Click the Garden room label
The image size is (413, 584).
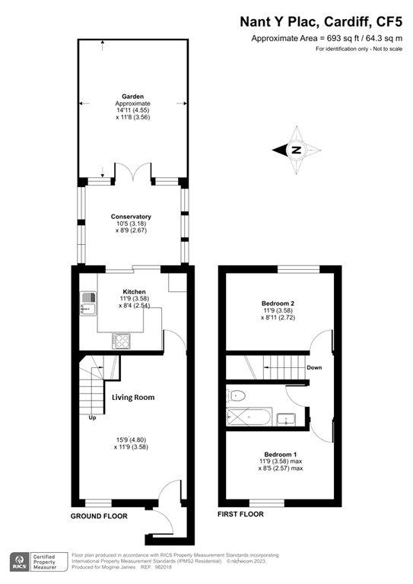pyautogui.click(x=132, y=97)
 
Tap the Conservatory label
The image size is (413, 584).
pyautogui.click(x=131, y=217)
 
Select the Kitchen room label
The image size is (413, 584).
pyautogui.click(x=134, y=292)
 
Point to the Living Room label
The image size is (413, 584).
pyautogui.click(x=133, y=398)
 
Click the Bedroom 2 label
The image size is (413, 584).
pyautogui.click(x=278, y=303)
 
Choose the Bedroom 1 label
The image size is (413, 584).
pyautogui.click(x=281, y=455)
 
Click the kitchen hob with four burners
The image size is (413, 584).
pyautogui.click(x=121, y=341)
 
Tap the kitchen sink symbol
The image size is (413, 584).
pyautogui.click(x=88, y=303)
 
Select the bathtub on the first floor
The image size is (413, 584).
pyautogui.click(x=249, y=417)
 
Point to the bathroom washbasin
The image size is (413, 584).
pyautogui.click(x=286, y=419)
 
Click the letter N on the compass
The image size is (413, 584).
pyautogui.click(x=297, y=150)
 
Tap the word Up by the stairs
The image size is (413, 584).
pyautogui.click(x=92, y=418)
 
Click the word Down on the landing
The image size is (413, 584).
pyautogui.click(x=314, y=367)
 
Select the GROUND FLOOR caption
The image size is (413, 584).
pyautogui.click(x=99, y=516)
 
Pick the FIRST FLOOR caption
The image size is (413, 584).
pyautogui.click(x=240, y=514)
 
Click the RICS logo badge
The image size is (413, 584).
pyautogui.click(x=20, y=562)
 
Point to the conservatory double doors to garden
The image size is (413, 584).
pyautogui.click(x=133, y=172)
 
